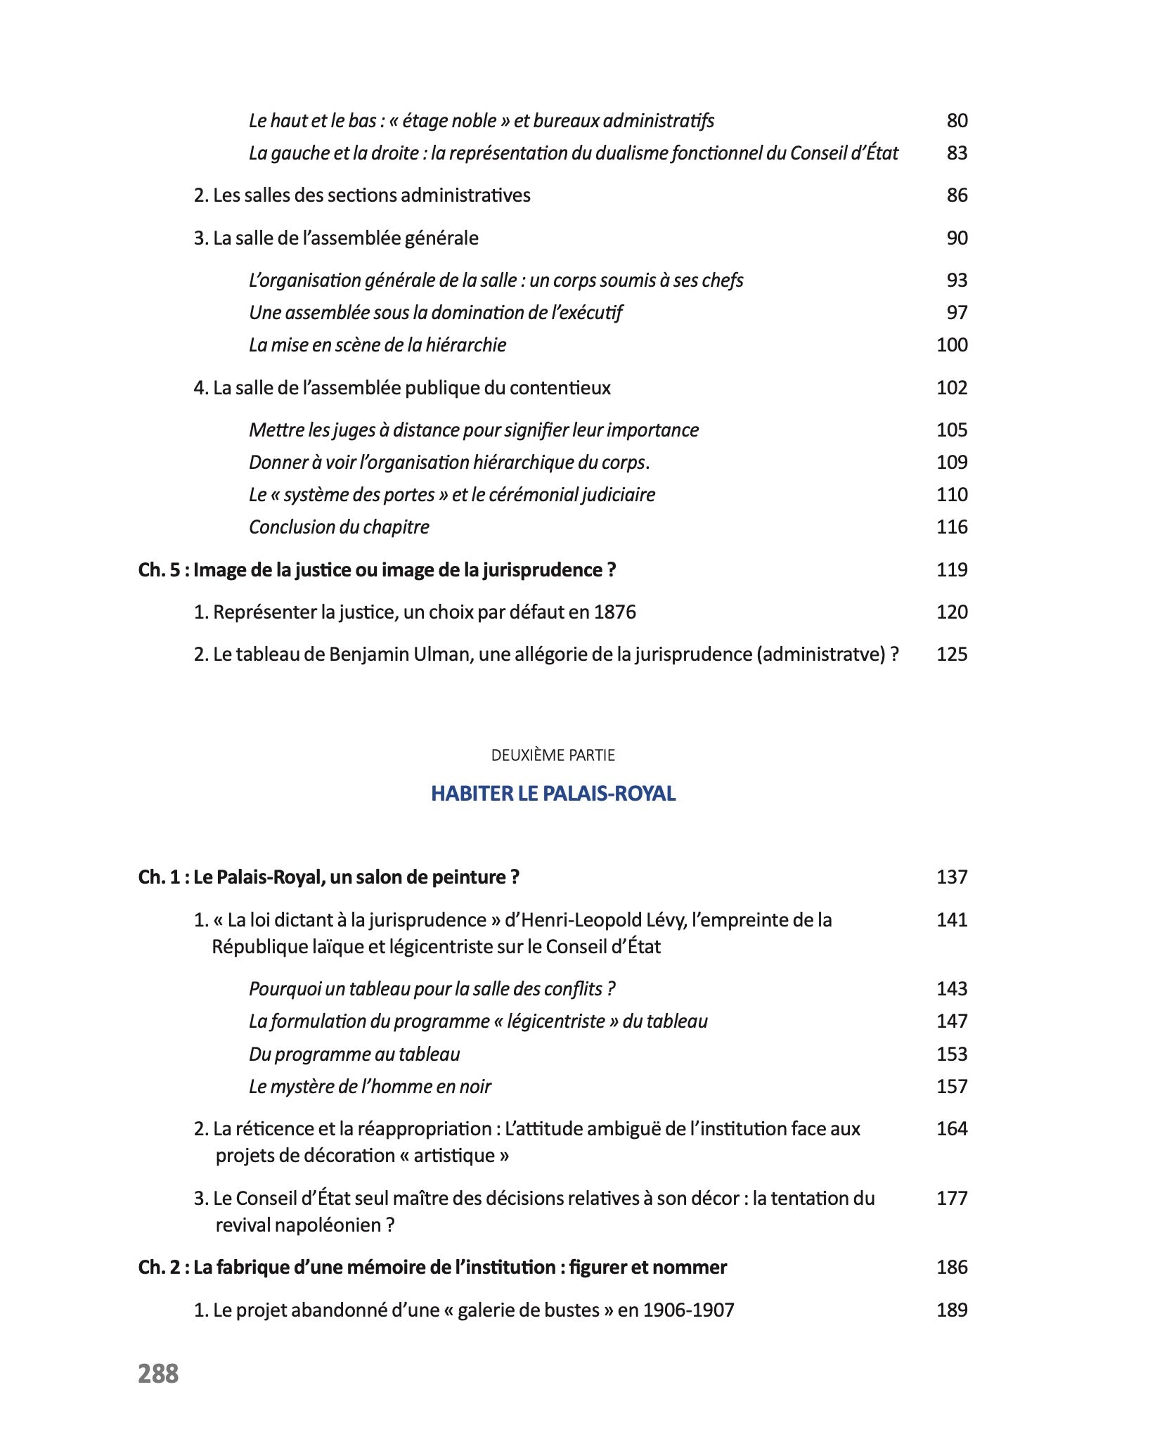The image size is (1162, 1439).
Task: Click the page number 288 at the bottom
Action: [158, 1373]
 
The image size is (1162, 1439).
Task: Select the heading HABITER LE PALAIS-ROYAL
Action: [553, 793]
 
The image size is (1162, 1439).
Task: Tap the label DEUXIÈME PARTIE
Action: [553, 755]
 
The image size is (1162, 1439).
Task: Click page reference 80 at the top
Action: [957, 121]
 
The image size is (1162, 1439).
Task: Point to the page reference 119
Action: [952, 569]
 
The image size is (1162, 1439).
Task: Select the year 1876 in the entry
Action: [614, 612]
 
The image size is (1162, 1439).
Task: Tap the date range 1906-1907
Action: [688, 1310]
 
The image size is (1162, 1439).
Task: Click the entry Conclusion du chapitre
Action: [339, 527]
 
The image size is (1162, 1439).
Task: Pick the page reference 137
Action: [952, 877]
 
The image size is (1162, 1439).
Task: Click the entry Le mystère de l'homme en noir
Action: [370, 1086]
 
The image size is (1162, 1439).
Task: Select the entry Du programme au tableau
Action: [354, 1054]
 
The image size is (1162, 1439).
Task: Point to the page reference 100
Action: [952, 344]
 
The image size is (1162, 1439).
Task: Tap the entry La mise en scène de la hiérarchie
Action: [377, 344]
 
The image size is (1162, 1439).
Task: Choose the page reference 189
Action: [952, 1310]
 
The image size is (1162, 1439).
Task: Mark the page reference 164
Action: [952, 1128]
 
